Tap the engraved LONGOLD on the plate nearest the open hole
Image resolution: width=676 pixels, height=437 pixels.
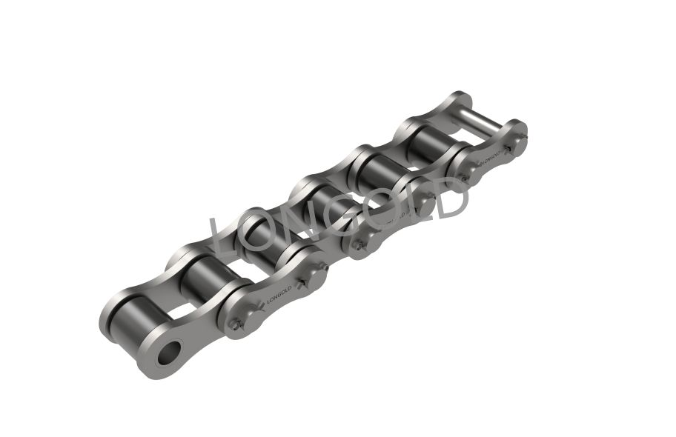tap(279, 293)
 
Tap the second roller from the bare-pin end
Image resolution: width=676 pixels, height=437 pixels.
tap(380, 173)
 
